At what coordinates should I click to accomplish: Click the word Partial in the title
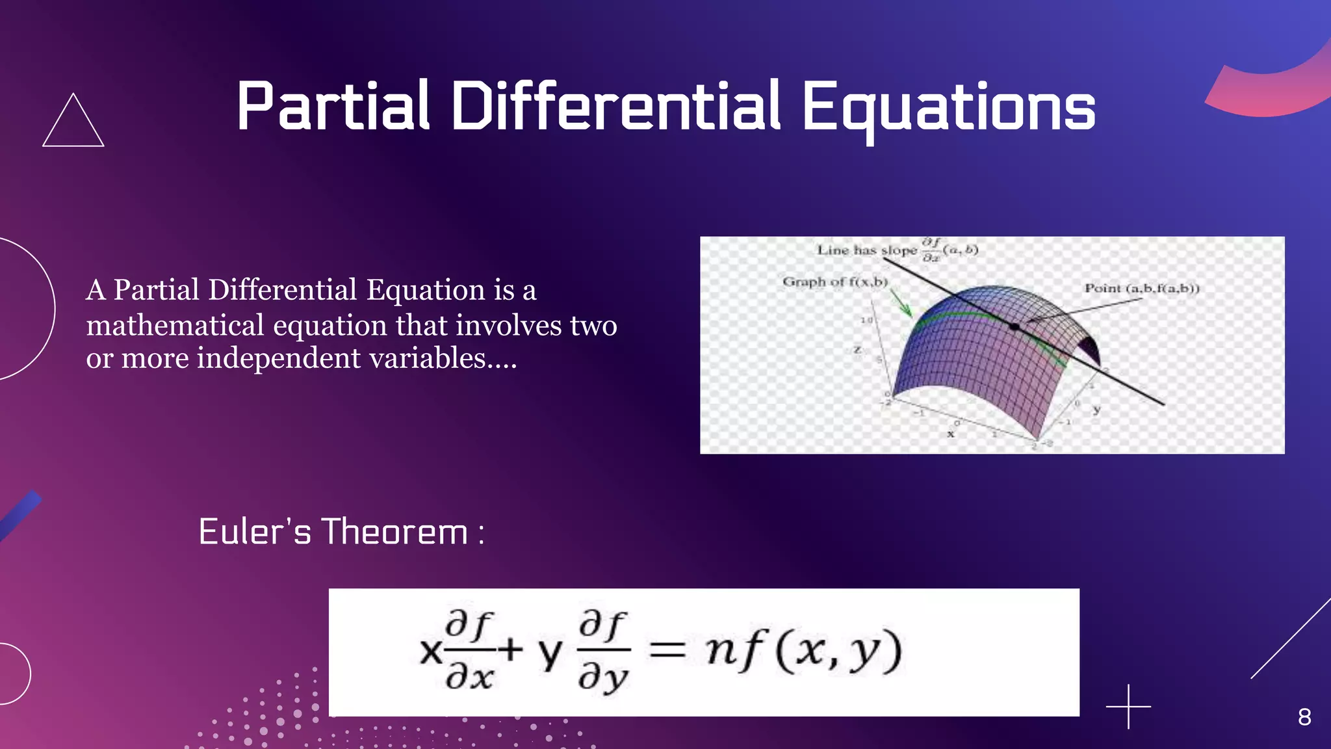click(x=333, y=106)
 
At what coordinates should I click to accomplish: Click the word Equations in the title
click(x=949, y=107)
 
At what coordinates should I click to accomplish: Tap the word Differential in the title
click(x=615, y=106)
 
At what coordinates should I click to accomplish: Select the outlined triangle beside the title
click(x=73, y=124)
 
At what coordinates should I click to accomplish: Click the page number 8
click(x=1304, y=717)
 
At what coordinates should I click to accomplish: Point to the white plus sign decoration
click(x=1128, y=706)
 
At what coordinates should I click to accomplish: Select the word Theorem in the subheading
click(x=395, y=532)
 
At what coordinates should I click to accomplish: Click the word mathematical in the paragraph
click(x=175, y=325)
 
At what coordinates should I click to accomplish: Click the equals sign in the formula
click(x=667, y=650)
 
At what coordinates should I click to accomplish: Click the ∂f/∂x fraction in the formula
click(x=469, y=650)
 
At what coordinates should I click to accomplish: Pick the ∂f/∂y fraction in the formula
click(x=603, y=650)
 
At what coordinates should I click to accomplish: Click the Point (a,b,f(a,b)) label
click(x=1141, y=288)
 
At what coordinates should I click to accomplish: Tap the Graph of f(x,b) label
click(x=834, y=282)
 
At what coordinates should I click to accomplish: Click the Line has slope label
click(x=866, y=250)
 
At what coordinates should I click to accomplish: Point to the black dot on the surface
click(x=1014, y=326)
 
